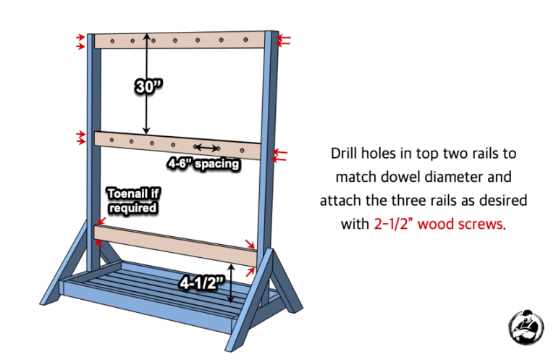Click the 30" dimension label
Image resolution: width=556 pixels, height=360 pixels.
point(148,86)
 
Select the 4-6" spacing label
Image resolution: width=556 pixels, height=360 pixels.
point(203,164)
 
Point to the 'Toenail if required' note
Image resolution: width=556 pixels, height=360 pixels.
point(132,200)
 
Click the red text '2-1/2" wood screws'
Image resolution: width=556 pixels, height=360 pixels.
point(437,224)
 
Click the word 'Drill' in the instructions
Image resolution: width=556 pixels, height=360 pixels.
point(346,154)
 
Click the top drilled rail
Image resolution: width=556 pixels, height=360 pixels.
point(181,41)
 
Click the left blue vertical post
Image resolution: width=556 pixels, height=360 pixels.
point(90,145)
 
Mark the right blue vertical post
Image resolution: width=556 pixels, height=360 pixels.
point(271,145)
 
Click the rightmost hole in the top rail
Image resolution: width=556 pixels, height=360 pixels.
point(245,41)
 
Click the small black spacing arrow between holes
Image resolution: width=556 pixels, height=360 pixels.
point(207,147)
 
